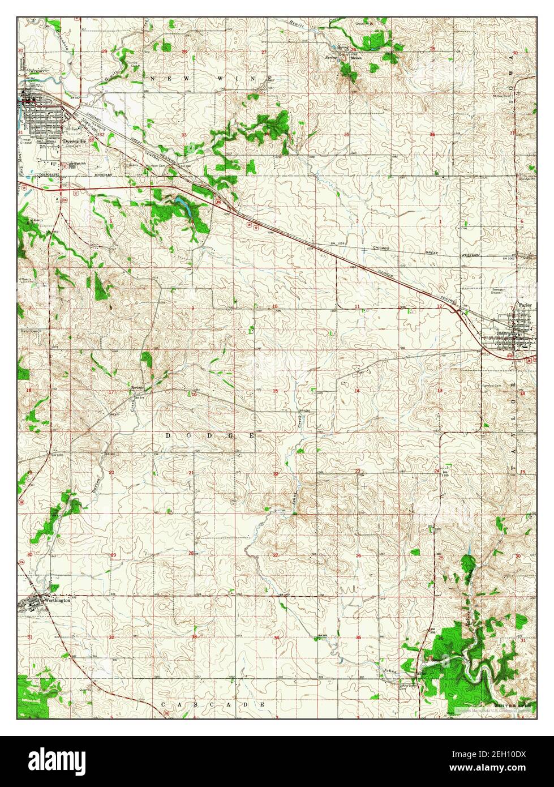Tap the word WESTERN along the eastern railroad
point(469,255)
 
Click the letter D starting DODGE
point(169,435)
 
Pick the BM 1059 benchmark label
point(338,244)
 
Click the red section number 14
point(357,391)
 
